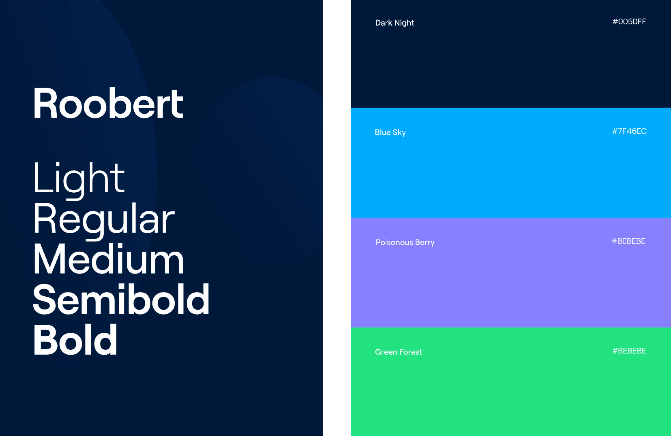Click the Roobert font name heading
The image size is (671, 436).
pyautogui.click(x=108, y=103)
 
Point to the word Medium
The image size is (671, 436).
pyautogui.click(x=108, y=259)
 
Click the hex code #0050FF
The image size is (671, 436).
pyautogui.click(x=629, y=22)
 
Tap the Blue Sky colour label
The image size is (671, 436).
pyautogui.click(x=390, y=132)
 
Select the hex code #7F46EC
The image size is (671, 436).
pyautogui.click(x=629, y=131)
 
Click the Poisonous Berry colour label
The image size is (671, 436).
pyautogui.click(x=405, y=242)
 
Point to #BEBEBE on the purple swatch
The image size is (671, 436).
pyautogui.click(x=629, y=241)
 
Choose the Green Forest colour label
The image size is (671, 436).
pyautogui.click(x=398, y=352)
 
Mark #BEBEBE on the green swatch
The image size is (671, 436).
pyautogui.click(x=629, y=351)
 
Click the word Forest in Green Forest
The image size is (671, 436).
pyautogui.click(x=410, y=352)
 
